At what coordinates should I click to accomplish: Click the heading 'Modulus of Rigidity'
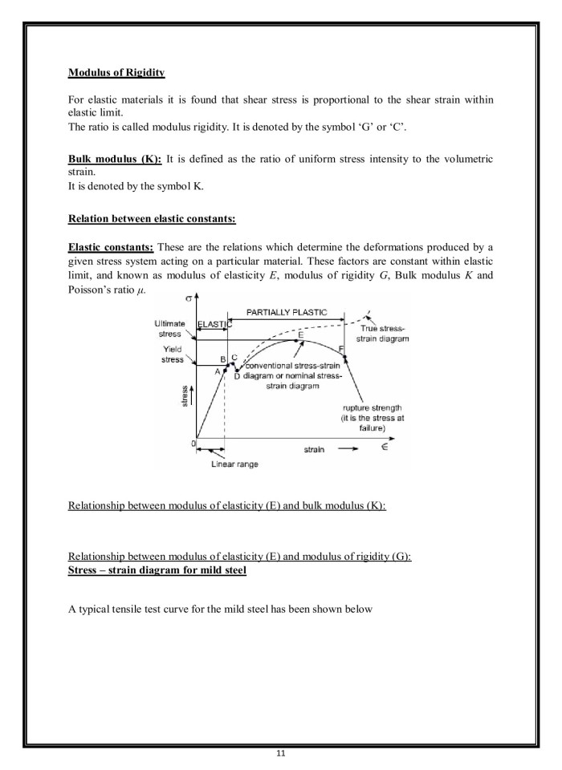tap(116, 73)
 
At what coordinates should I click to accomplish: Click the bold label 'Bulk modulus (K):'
tap(115, 160)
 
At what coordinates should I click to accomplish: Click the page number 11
tap(281, 753)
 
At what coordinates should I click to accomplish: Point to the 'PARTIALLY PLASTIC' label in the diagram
tap(287, 312)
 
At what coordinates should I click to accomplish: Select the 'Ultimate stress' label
tap(169, 328)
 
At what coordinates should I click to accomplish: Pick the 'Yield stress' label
tap(173, 355)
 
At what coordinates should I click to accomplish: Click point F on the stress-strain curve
tap(342, 348)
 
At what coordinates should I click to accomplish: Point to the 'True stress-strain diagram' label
tap(382, 334)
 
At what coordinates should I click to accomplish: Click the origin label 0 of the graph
tap(193, 443)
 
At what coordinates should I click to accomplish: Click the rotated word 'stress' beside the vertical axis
tap(185, 396)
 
